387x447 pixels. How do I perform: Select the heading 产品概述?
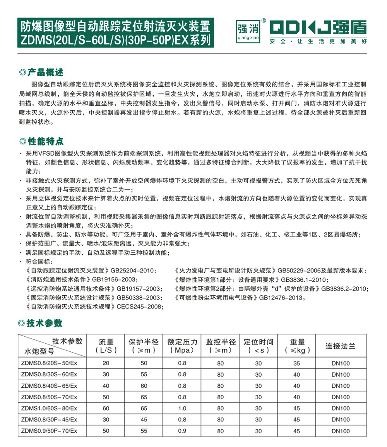coord(45,73)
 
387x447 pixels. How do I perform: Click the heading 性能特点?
coord(45,140)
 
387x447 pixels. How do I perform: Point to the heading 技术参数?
coord(45,323)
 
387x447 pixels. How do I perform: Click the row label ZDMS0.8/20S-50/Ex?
coord(50,363)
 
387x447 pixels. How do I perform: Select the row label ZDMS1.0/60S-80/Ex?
coord(50,408)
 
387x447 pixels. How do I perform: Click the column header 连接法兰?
coord(341,346)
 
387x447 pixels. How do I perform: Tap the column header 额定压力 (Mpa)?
coord(183,346)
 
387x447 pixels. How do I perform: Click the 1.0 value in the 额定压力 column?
coord(183,408)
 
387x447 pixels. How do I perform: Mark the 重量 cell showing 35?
coord(297,363)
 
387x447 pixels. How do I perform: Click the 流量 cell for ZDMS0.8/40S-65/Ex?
coord(106,386)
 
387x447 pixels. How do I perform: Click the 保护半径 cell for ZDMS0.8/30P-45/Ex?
coord(144,420)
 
